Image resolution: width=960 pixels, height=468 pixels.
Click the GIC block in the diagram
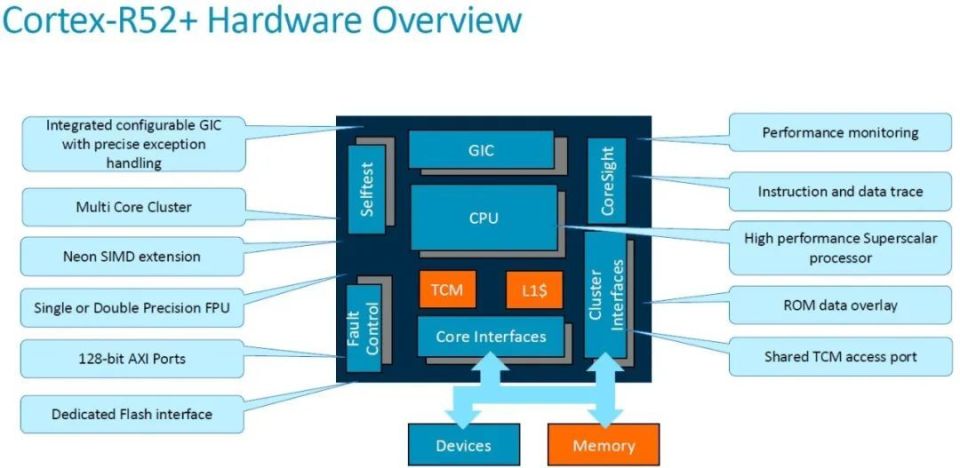point(481,151)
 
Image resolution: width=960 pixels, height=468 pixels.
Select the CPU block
point(484,217)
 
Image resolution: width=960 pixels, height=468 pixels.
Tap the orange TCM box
point(446,290)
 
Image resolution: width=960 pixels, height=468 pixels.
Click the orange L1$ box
point(534,290)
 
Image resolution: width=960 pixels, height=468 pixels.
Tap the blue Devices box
point(463,444)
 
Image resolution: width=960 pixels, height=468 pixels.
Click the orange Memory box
point(605,444)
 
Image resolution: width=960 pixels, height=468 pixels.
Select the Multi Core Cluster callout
point(133,207)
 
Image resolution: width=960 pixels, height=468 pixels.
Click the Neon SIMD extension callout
point(133,256)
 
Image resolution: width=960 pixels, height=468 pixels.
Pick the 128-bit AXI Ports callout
point(133,357)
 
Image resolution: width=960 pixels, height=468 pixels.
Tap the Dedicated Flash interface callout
point(133,413)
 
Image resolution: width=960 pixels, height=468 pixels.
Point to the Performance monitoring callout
point(839,132)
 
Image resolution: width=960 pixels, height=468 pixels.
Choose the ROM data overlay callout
point(839,304)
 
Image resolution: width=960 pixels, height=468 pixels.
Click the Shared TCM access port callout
point(839,356)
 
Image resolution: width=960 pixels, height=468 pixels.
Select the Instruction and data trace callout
point(839,191)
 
